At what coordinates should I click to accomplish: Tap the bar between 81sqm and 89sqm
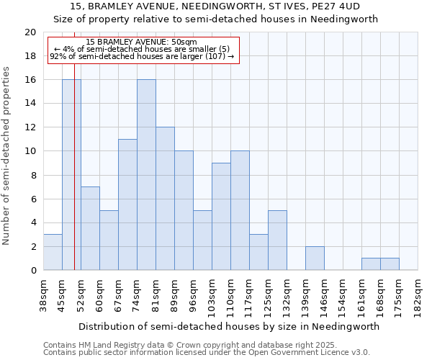coord(165,198)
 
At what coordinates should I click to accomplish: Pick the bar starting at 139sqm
coord(315,258)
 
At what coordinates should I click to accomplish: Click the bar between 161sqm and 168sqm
coord(371,264)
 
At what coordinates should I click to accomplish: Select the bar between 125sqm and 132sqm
coord(277,240)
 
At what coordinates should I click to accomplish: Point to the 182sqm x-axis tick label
coord(418,297)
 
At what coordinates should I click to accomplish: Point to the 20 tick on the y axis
coord(30,32)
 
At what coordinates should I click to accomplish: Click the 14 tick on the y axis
coord(30,104)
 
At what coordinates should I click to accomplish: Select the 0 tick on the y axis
coord(33,270)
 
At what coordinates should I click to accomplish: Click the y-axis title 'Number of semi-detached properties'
coord(7,156)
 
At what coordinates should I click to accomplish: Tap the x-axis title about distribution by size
coord(229,326)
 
